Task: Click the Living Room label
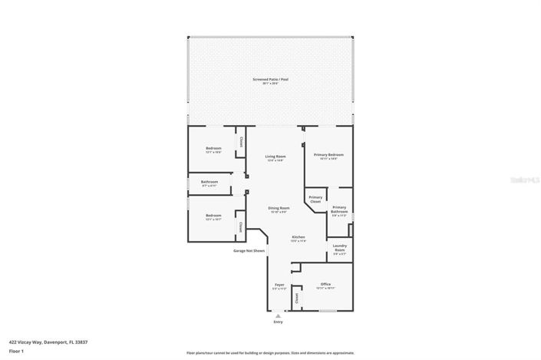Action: pyautogui.click(x=275, y=157)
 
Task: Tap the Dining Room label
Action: pyautogui.click(x=279, y=208)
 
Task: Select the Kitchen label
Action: pyautogui.click(x=299, y=237)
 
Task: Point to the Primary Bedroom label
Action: pyautogui.click(x=329, y=154)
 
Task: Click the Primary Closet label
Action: pyautogui.click(x=315, y=199)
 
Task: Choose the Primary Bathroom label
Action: pyautogui.click(x=339, y=209)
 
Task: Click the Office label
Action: pyautogui.click(x=325, y=284)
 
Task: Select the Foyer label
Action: pyautogui.click(x=279, y=285)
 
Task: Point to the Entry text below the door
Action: pyautogui.click(x=278, y=322)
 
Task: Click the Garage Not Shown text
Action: pyautogui.click(x=249, y=250)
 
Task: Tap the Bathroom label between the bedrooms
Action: pyautogui.click(x=209, y=182)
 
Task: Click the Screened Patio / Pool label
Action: pyautogui.click(x=271, y=79)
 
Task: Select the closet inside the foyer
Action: pyautogui.click(x=295, y=298)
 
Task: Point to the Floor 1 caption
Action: pyautogui.click(x=15, y=351)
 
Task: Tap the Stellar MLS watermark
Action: pyautogui.click(x=526, y=178)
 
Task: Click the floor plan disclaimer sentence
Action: pyautogui.click(x=271, y=353)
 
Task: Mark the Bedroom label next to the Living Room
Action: pyautogui.click(x=213, y=148)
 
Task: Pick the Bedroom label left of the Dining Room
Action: pyautogui.click(x=213, y=216)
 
